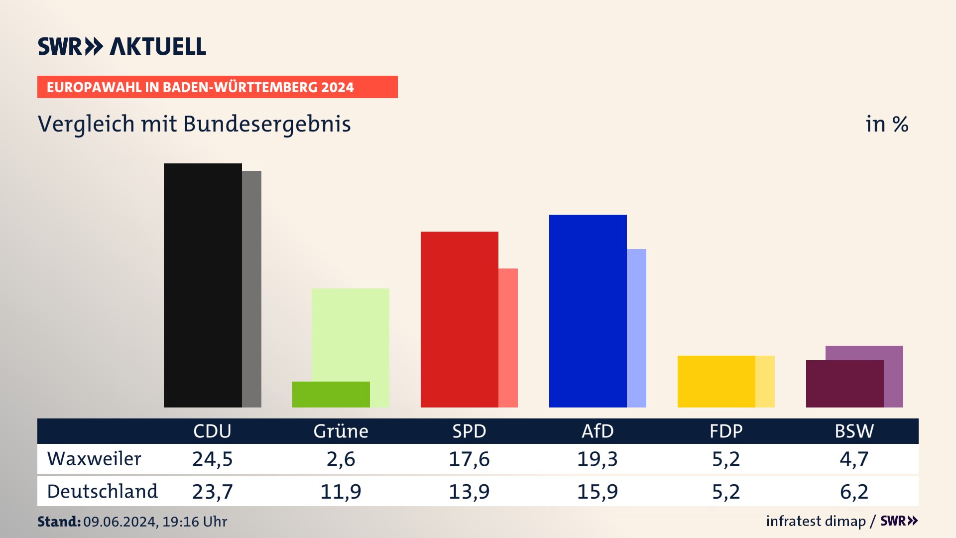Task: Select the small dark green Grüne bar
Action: [x=331, y=395]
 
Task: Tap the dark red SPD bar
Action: [x=459, y=319]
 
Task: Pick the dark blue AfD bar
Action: [x=588, y=311]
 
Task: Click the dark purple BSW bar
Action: [x=844, y=384]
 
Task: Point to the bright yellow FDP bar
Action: [x=716, y=381]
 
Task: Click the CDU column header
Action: [x=212, y=431]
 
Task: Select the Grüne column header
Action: [x=341, y=431]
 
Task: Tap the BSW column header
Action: [x=854, y=431]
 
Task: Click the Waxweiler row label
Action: [x=94, y=459]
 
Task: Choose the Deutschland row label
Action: [x=102, y=492]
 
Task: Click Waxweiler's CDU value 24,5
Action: [x=212, y=459]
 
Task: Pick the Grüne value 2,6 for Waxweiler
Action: [x=341, y=459]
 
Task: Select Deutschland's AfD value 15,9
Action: [x=597, y=492]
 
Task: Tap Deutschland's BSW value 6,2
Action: [x=854, y=492]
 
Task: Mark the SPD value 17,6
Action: [x=469, y=459]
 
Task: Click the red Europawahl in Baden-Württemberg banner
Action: [x=217, y=87]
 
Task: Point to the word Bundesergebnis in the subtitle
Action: [x=267, y=124]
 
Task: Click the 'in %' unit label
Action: [x=886, y=124]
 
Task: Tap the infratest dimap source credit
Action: [x=816, y=521]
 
